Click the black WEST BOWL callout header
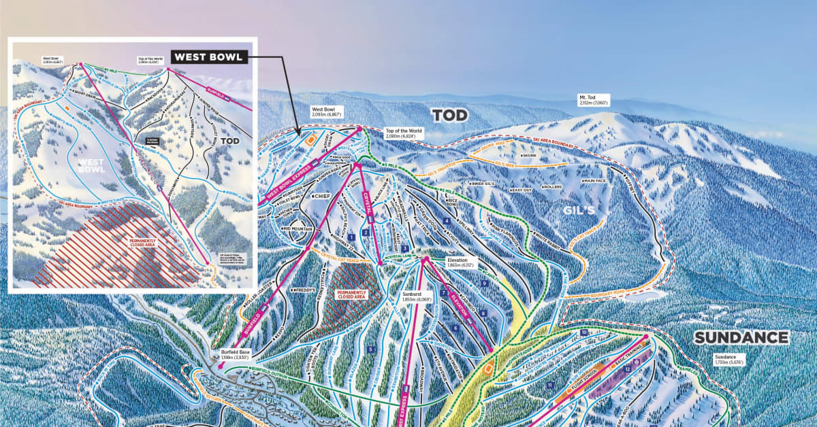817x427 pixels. (208, 57)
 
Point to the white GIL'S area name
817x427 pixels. (579, 211)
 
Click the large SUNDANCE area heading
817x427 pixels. (741, 338)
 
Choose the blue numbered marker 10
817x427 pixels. (583, 332)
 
